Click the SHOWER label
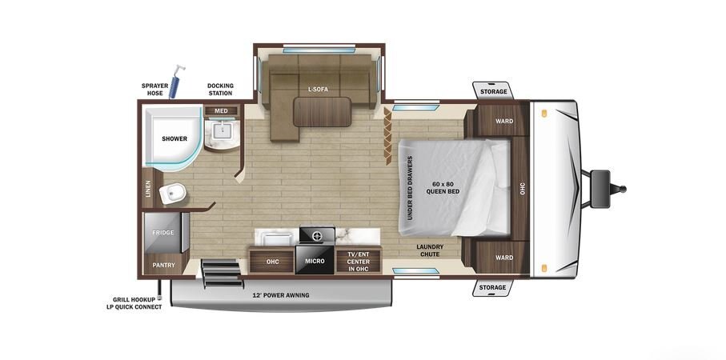coord(174,138)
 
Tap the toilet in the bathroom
coord(172,193)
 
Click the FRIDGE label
coord(163,232)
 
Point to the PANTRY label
coord(164,265)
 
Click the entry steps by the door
coord(223,273)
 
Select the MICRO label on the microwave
coord(315,261)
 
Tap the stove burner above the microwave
coord(317,235)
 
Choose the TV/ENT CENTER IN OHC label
coord(359,261)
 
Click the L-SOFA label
coord(318,90)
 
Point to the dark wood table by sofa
coord(323,111)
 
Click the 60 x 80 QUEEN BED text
coord(443,188)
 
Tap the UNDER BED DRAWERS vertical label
coord(411,188)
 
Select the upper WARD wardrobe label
coord(504,122)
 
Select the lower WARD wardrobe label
coord(504,258)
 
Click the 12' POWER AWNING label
coord(281,295)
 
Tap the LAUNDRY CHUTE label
coord(430,250)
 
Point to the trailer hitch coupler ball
coord(622,189)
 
